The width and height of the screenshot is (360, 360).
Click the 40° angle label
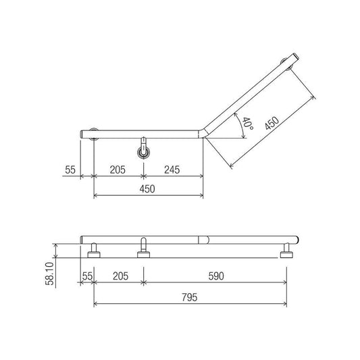[x=247, y=124]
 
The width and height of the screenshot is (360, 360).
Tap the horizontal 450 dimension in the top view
[x=147, y=189]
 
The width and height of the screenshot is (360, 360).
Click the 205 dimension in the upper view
[x=118, y=170]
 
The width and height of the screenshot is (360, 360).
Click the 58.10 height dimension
[x=49, y=273]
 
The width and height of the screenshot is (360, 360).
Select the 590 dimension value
[x=215, y=276]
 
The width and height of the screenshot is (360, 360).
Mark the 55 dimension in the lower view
[x=86, y=276]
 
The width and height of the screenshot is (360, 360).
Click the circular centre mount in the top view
[x=143, y=151]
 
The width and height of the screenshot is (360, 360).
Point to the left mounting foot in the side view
[x=94, y=254]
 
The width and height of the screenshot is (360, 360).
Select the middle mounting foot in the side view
[x=143, y=254]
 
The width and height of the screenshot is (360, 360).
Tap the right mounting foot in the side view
[x=288, y=254]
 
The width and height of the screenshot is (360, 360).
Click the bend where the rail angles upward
[x=202, y=133]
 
